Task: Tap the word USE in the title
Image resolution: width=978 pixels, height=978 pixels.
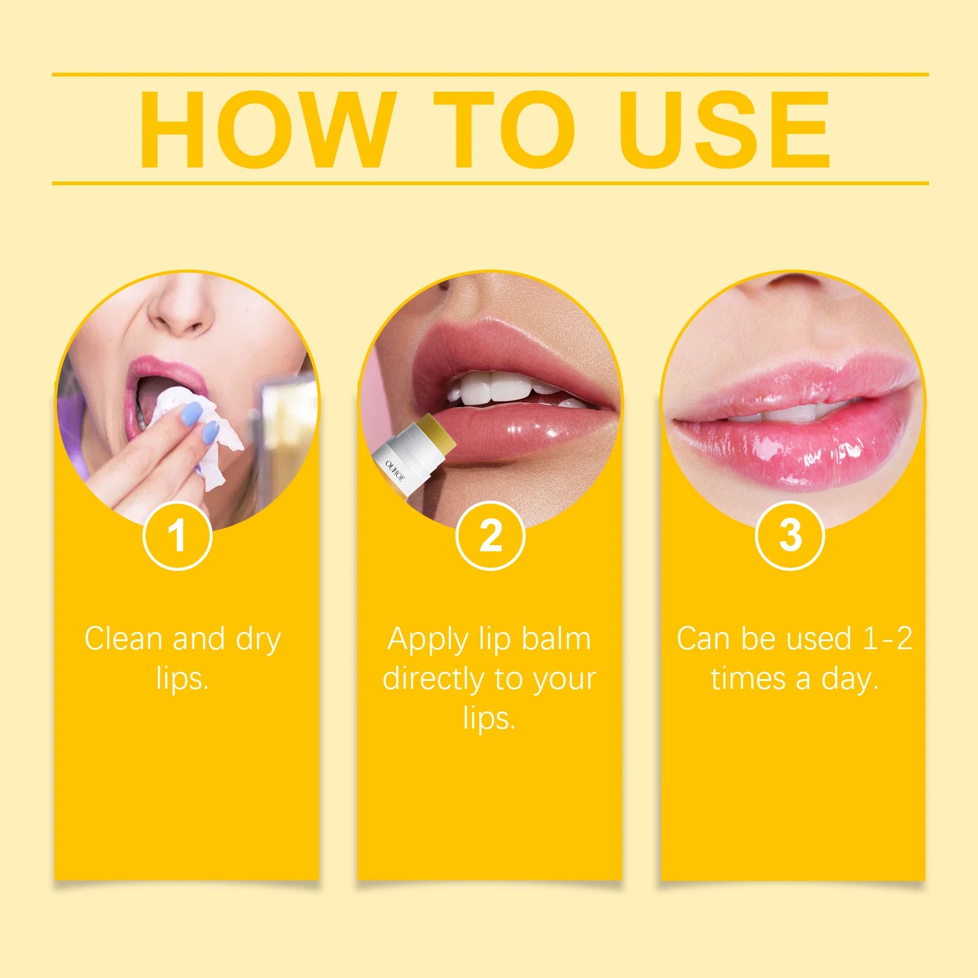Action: point(724,130)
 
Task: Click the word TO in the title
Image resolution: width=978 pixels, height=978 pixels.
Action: point(505,130)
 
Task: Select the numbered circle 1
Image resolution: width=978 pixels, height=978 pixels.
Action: point(177,536)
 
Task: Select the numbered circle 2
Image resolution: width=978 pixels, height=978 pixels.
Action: point(490,536)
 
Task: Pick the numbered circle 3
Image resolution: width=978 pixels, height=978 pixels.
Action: point(790,536)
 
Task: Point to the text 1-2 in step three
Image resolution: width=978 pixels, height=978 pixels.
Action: point(887,639)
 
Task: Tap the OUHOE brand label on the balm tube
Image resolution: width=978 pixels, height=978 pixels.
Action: point(395,471)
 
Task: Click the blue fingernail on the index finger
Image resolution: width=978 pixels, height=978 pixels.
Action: point(191,413)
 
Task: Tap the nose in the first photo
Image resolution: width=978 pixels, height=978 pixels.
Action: point(183,309)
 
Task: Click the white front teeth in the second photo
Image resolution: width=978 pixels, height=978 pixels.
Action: point(495,389)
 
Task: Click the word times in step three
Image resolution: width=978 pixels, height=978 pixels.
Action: point(748,678)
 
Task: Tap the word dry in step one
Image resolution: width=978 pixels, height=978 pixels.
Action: point(259,639)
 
